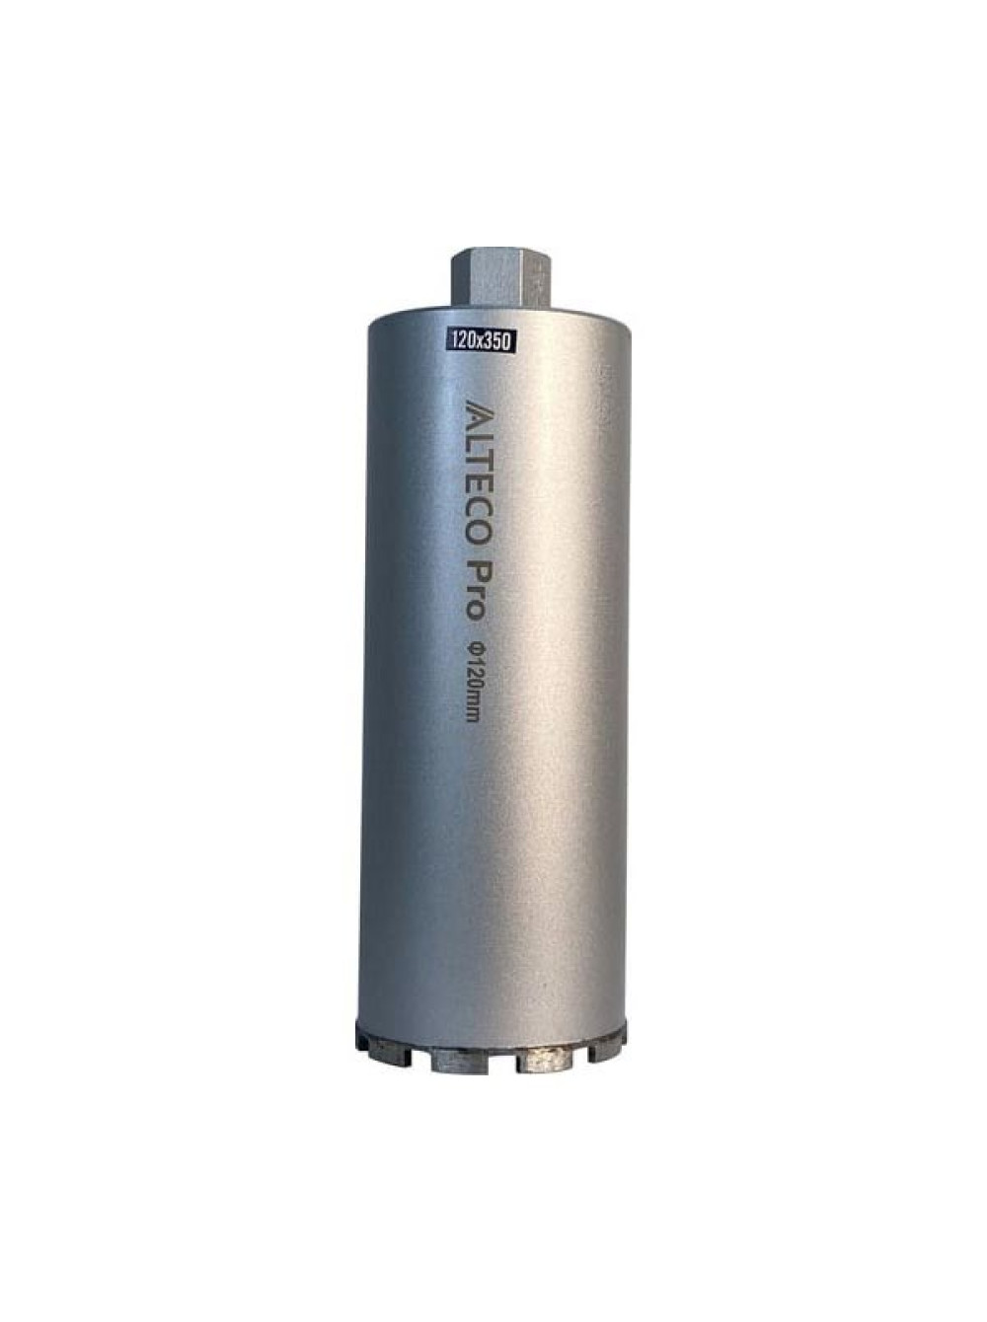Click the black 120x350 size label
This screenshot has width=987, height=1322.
(480, 341)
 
